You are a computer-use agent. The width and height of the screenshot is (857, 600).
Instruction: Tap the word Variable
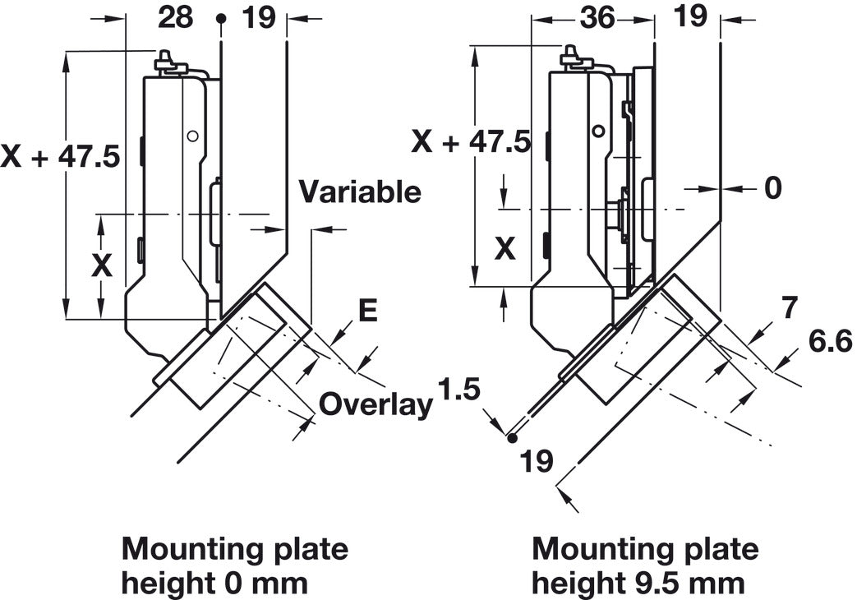pyautogui.click(x=359, y=192)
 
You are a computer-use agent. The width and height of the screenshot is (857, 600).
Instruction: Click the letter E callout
pyautogui.click(x=368, y=311)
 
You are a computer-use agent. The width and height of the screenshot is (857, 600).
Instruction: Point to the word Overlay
pyautogui.click(x=376, y=404)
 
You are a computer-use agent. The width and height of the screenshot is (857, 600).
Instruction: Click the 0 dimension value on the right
pyautogui.click(x=773, y=188)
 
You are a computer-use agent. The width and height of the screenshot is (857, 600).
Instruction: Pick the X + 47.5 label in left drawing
pyautogui.click(x=61, y=155)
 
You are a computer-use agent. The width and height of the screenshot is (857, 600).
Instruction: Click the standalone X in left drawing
pyautogui.click(x=102, y=265)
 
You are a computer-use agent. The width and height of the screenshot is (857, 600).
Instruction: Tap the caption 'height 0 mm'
pyautogui.click(x=214, y=583)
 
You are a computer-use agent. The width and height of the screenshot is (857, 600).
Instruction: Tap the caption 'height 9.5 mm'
pyautogui.click(x=638, y=583)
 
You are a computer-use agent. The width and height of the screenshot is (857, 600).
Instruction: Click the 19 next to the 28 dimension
pyautogui.click(x=259, y=16)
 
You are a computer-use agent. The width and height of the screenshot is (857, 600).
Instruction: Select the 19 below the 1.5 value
pyautogui.click(x=537, y=461)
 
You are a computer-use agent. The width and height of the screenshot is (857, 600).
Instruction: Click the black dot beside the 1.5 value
pyautogui.click(x=513, y=438)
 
